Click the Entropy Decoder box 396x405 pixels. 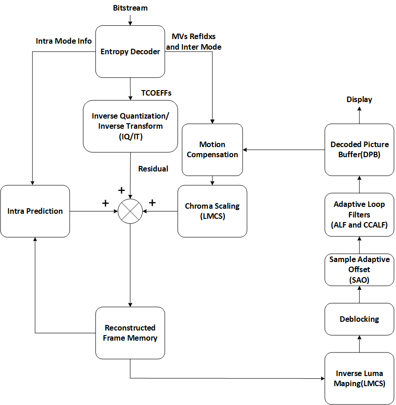(x=130, y=51)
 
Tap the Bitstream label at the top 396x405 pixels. (x=130, y=8)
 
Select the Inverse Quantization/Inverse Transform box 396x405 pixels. (x=130, y=126)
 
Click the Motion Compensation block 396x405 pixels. (x=212, y=149)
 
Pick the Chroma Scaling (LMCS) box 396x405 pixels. (x=212, y=211)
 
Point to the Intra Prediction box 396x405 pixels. (x=35, y=211)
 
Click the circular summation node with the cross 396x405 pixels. (x=130, y=211)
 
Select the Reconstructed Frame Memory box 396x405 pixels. (x=130, y=333)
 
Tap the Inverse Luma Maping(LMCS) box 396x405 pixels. (x=359, y=378)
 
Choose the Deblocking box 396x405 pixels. (x=359, y=319)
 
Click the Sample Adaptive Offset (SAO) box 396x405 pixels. (x=359, y=269)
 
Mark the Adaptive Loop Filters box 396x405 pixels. (x=359, y=214)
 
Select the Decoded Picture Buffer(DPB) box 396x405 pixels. (x=359, y=149)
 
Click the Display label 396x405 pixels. (x=359, y=99)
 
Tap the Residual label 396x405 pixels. (x=153, y=169)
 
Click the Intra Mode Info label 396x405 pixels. (x=64, y=41)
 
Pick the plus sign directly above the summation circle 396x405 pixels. (x=122, y=190)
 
